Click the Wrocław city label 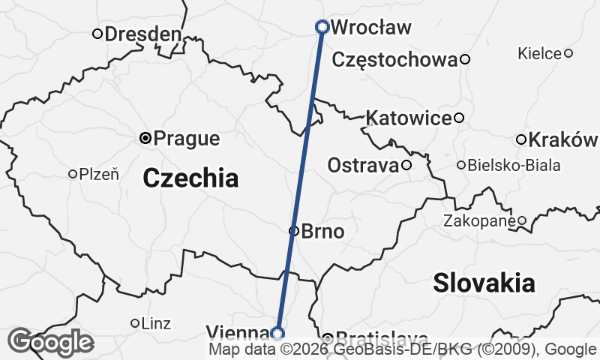click(x=370, y=28)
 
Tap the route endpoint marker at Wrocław click(x=322, y=27)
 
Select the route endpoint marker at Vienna click(x=278, y=333)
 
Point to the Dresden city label click(x=142, y=34)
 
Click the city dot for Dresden click(x=97, y=34)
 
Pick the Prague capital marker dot click(x=146, y=138)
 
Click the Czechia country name click(x=190, y=178)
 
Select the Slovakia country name click(x=484, y=283)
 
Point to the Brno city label click(x=322, y=232)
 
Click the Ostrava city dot click(x=406, y=165)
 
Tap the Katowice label click(x=409, y=118)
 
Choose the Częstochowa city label click(x=394, y=59)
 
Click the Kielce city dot click(x=568, y=53)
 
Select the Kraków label click(x=563, y=140)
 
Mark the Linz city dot click(x=135, y=323)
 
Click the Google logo click(x=50, y=343)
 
